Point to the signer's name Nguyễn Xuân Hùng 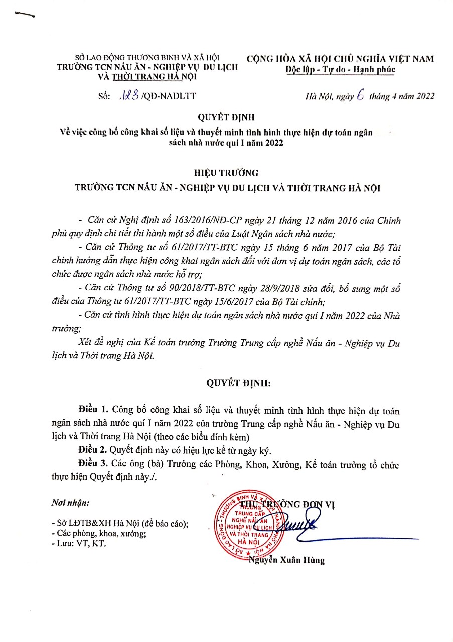[286, 560]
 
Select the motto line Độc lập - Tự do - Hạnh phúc [340, 70]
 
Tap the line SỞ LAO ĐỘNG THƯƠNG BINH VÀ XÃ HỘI [147, 58]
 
